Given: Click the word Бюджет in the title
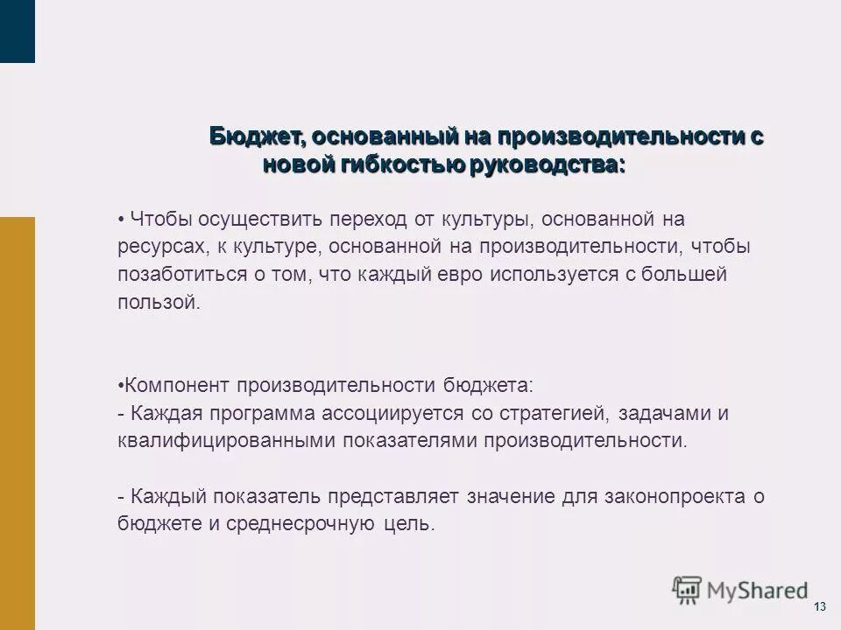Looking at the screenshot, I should pyautogui.click(x=255, y=137).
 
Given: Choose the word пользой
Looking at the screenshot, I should pyautogui.click(x=159, y=303).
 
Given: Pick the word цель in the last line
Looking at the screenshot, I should pyautogui.click(x=410, y=525).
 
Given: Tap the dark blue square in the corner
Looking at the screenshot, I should pyautogui.click(x=18, y=31).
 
